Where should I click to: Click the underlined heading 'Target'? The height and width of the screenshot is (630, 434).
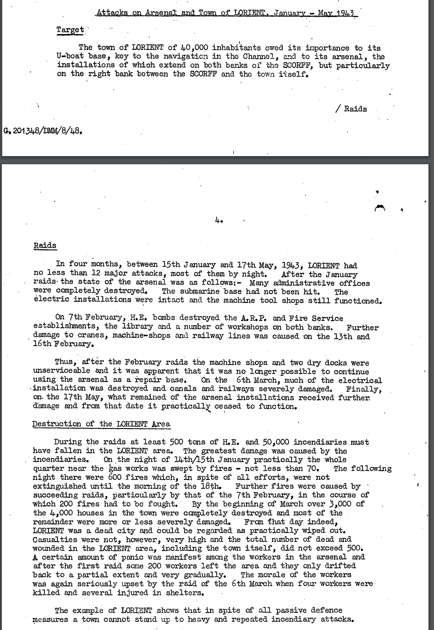pyautogui.click(x=70, y=30)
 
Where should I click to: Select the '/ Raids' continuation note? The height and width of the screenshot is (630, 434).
pyautogui.click(x=351, y=109)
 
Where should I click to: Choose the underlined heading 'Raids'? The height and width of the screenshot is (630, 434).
pyautogui.click(x=45, y=246)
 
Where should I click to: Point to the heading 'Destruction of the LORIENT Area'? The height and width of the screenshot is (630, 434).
pyautogui.click(x=101, y=424)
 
